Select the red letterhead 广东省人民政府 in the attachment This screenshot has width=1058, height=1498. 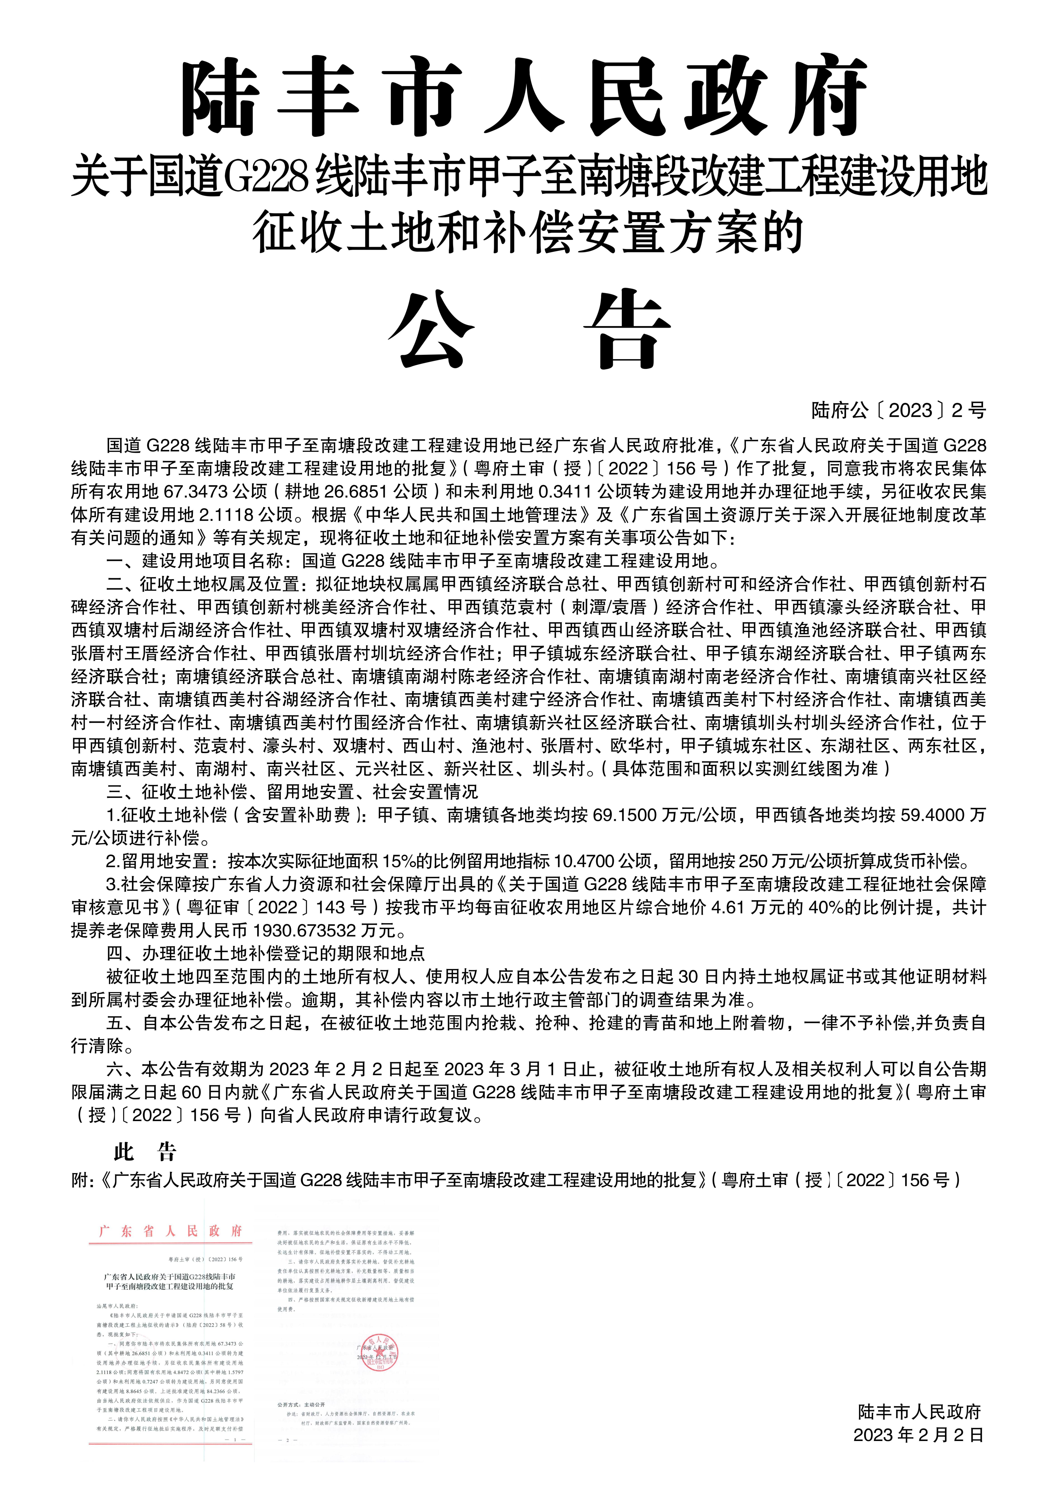coord(171,1231)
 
